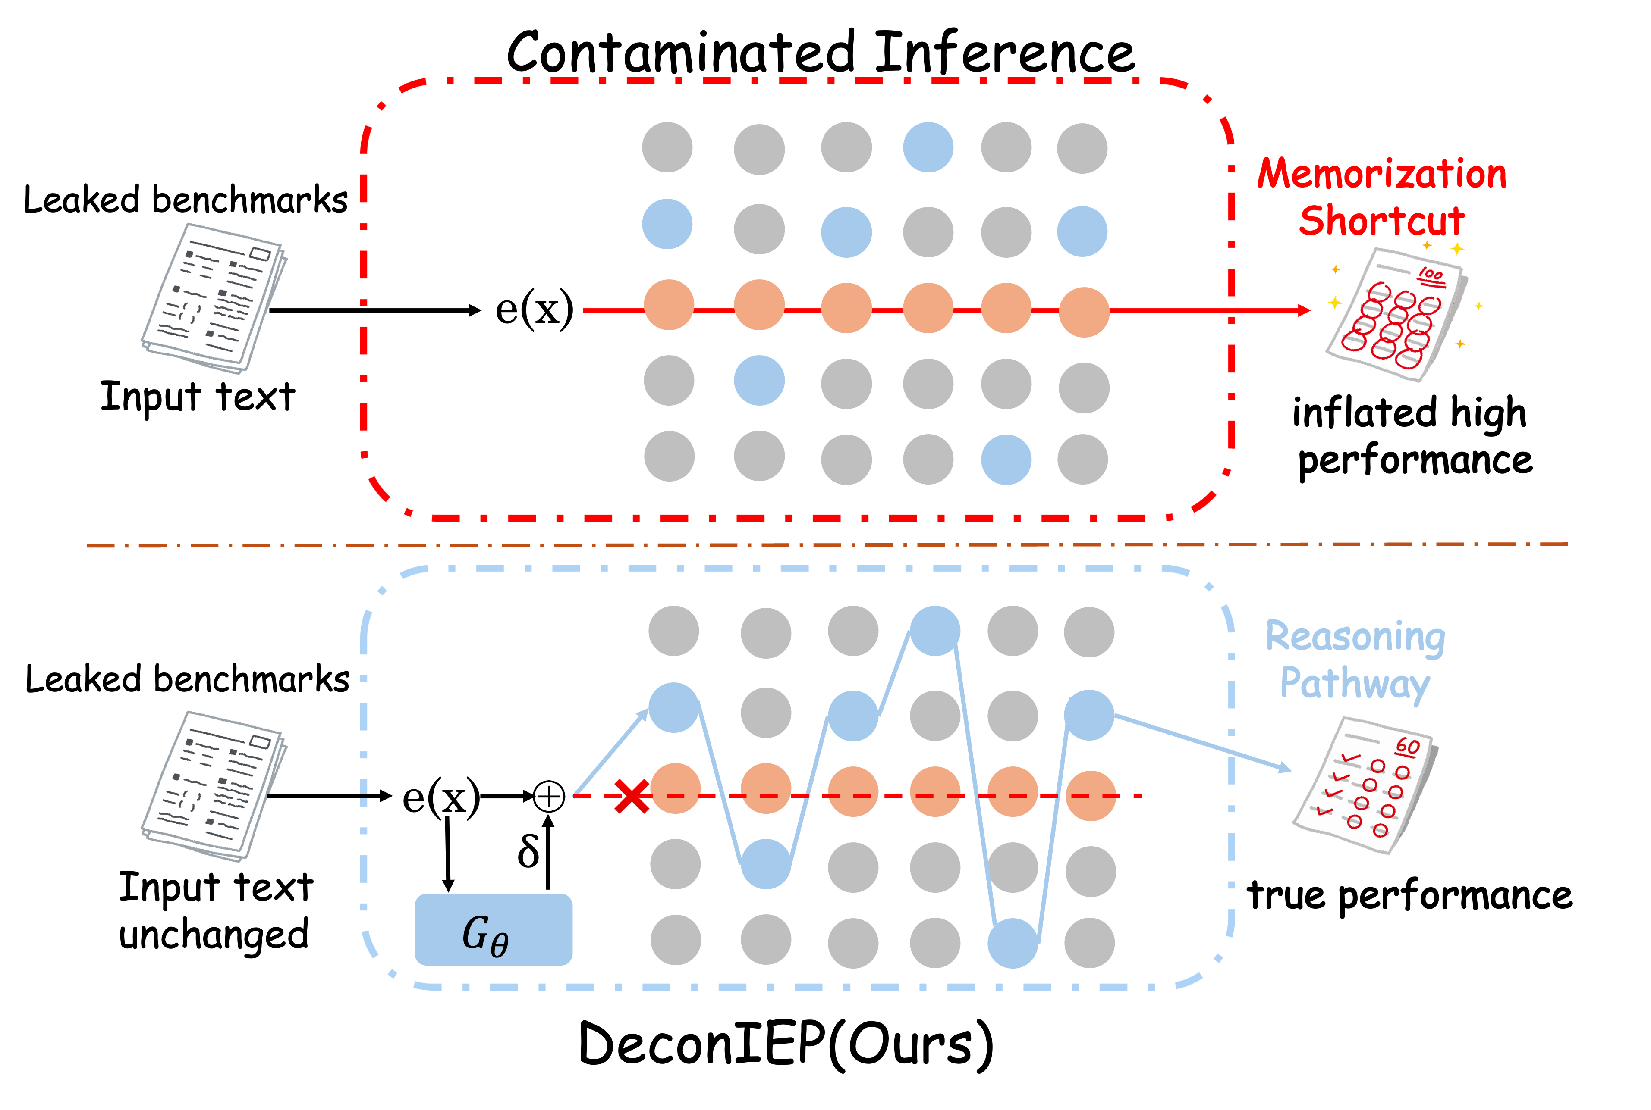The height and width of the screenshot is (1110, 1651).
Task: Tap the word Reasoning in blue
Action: (x=1355, y=637)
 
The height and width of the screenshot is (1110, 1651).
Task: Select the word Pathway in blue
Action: (x=1355, y=684)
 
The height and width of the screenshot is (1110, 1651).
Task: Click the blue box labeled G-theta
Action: (x=493, y=929)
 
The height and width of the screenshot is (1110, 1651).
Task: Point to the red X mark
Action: (x=632, y=796)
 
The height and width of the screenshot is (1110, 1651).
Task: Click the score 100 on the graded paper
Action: (x=1430, y=275)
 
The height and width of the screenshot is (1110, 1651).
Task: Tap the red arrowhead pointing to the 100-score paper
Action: (x=1304, y=310)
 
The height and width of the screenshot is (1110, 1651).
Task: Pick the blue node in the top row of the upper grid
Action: (x=928, y=147)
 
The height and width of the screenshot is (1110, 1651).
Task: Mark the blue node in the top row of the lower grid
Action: (x=935, y=631)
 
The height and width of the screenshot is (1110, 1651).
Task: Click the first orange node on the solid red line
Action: (x=669, y=305)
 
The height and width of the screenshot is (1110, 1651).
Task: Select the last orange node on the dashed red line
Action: (x=1090, y=796)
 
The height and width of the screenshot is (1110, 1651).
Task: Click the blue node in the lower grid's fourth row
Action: (x=766, y=864)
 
